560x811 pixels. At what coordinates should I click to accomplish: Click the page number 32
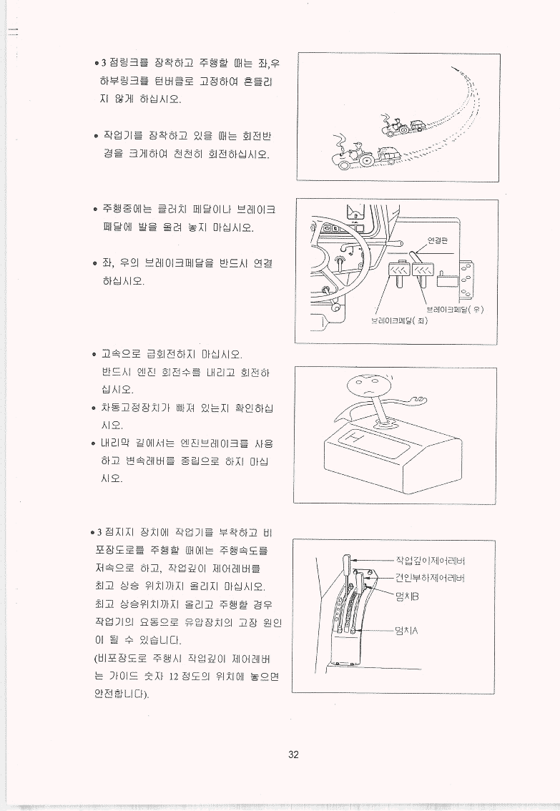(293, 755)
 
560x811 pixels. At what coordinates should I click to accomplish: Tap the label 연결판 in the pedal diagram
(438, 240)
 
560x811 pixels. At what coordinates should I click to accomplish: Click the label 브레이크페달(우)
(455, 310)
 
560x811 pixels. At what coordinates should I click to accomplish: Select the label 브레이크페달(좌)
(399, 320)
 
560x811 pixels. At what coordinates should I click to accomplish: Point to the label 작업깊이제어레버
(431, 561)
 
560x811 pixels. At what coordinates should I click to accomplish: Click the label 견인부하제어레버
(431, 578)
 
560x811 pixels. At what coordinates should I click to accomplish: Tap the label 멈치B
(406, 597)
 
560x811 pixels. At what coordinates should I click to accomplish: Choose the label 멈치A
(406, 631)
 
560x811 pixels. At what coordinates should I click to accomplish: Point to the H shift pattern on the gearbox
(354, 439)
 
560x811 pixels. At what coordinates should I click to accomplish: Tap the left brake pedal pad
(398, 270)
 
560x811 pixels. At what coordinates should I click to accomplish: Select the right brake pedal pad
(423, 270)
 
